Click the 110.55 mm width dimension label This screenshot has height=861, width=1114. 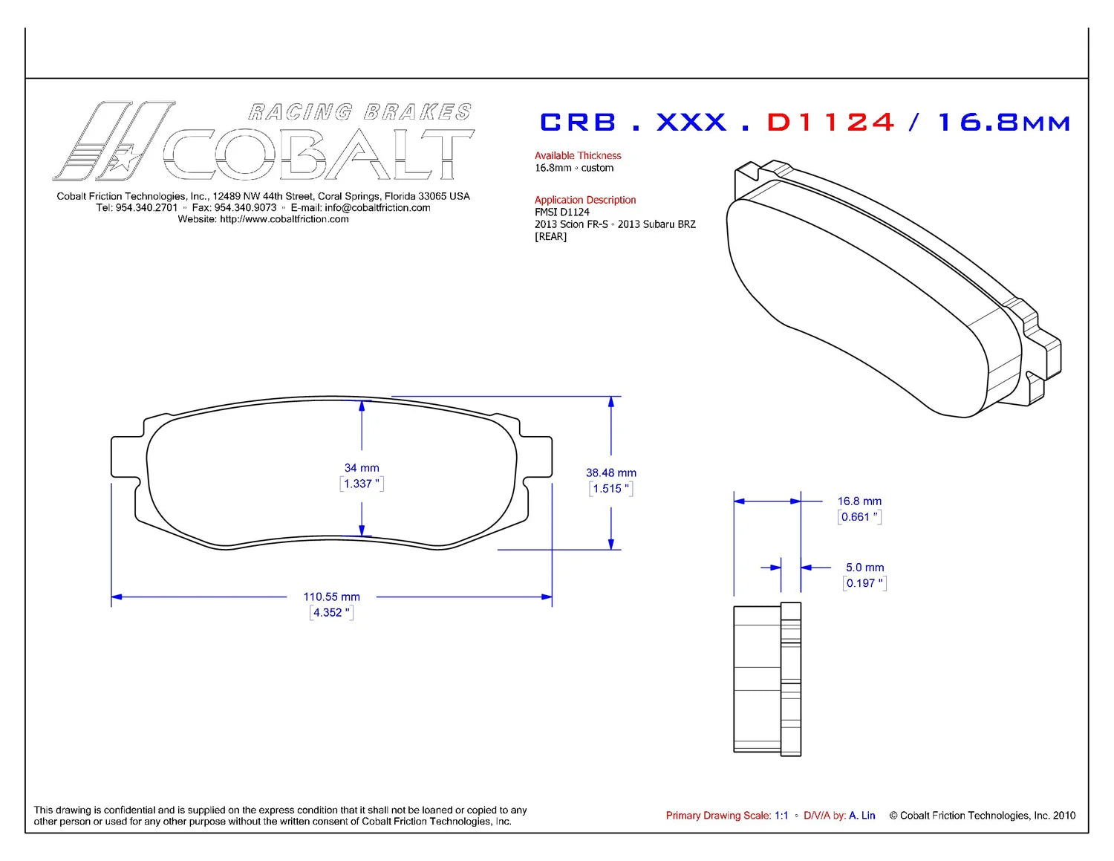tap(331, 597)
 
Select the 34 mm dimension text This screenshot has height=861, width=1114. tap(362, 468)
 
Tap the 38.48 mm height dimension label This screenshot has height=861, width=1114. tap(610, 472)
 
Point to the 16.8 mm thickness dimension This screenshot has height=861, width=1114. tap(859, 501)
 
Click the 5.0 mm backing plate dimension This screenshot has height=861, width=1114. tap(865, 567)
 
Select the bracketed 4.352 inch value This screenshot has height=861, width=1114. tap(331, 612)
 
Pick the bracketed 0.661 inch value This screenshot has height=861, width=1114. tap(859, 517)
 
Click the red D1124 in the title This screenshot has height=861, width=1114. tap(830, 123)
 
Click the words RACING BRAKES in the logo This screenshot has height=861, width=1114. tap(359, 111)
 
